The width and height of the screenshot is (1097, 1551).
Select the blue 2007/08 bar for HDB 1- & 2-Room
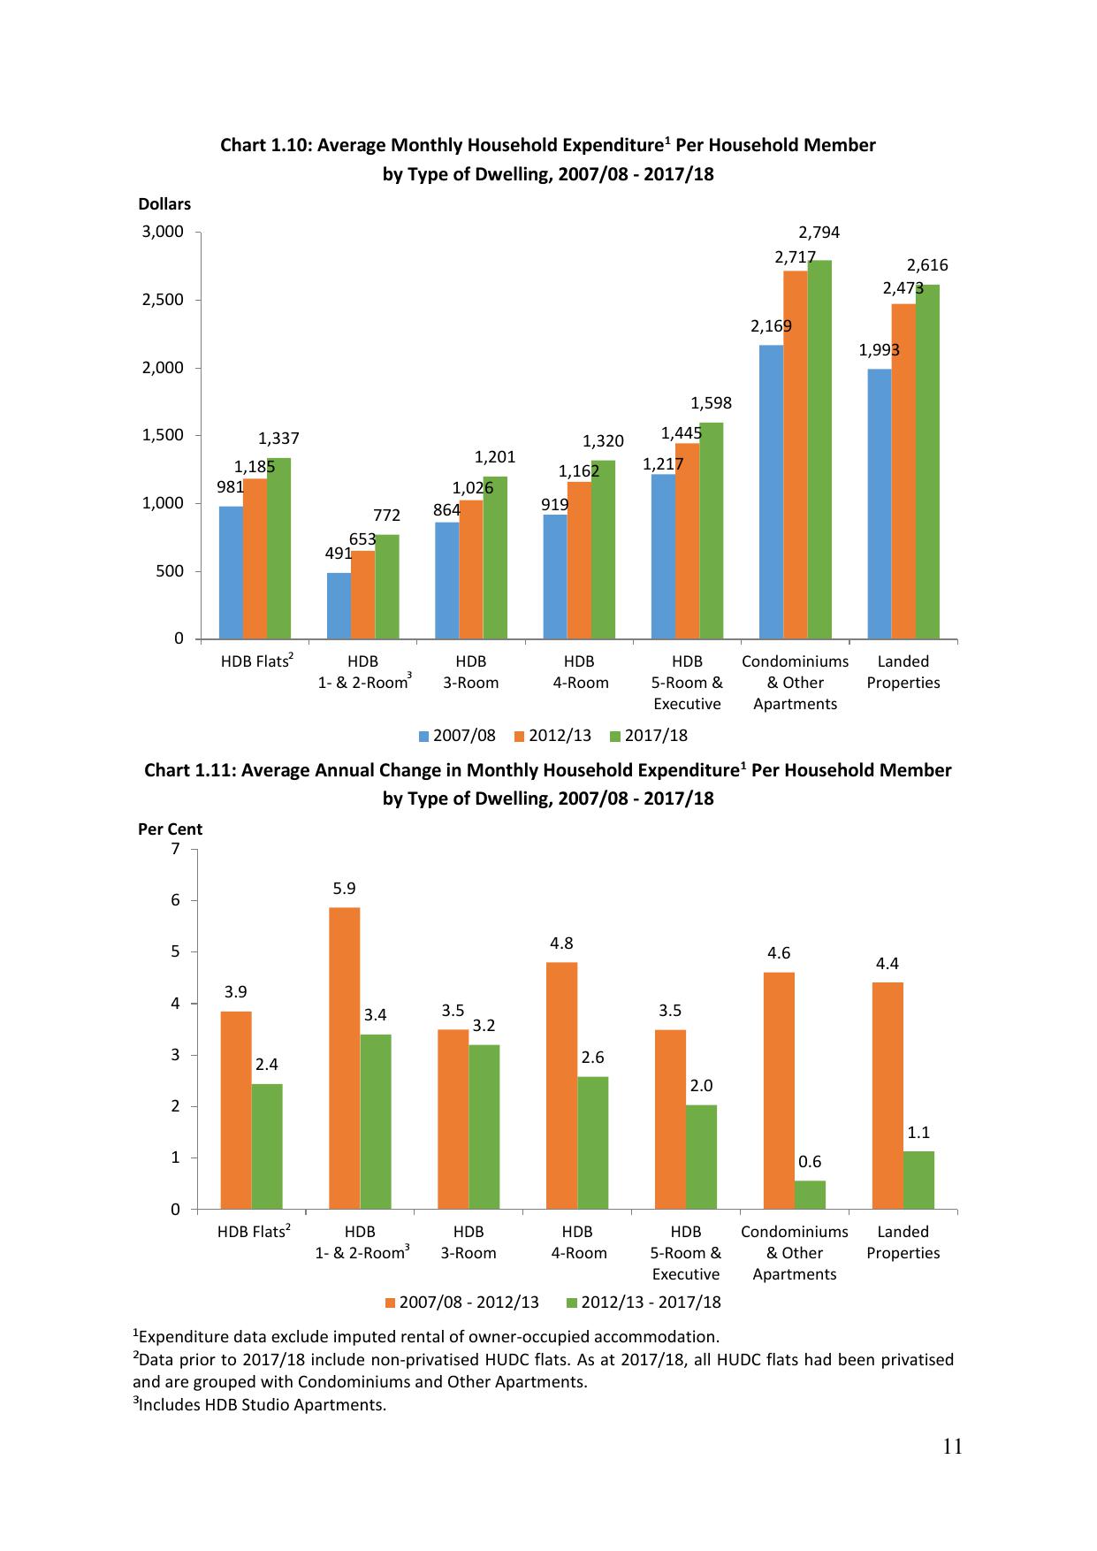pos(339,606)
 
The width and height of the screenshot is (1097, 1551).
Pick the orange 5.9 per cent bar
pos(344,1058)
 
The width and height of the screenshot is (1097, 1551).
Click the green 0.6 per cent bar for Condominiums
pos(810,1195)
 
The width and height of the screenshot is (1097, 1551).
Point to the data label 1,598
pos(711,403)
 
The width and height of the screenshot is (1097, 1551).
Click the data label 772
pos(386,515)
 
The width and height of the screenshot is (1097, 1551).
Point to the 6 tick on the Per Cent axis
pos(175,900)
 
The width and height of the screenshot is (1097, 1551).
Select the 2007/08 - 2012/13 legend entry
pos(461,1303)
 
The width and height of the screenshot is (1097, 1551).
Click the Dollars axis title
pos(164,204)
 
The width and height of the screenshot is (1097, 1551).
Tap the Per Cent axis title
pos(170,829)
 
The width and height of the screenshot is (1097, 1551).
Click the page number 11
pos(952,1448)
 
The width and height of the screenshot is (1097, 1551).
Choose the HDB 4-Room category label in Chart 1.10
pos(580,672)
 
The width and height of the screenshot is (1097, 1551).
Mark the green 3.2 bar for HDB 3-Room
pos(484,1127)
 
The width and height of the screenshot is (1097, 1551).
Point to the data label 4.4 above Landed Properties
pos(888,964)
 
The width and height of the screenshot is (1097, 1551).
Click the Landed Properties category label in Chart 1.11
pos(903,1242)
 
